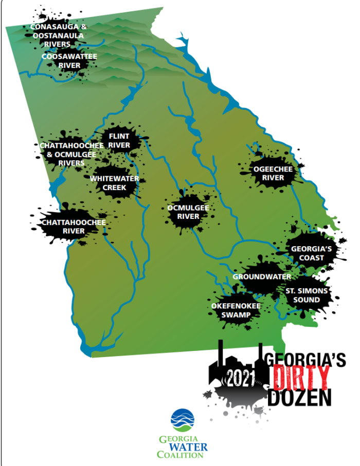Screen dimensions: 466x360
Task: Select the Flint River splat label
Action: click(x=122, y=140)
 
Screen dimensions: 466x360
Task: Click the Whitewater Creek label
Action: click(x=114, y=183)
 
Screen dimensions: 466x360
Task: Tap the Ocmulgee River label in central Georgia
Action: click(x=188, y=212)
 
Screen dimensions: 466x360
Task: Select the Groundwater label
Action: click(x=262, y=276)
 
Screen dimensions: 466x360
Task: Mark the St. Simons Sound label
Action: click(x=307, y=295)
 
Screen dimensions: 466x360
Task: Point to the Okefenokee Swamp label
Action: click(x=236, y=310)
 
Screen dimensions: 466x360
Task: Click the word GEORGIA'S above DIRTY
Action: click(x=304, y=360)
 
